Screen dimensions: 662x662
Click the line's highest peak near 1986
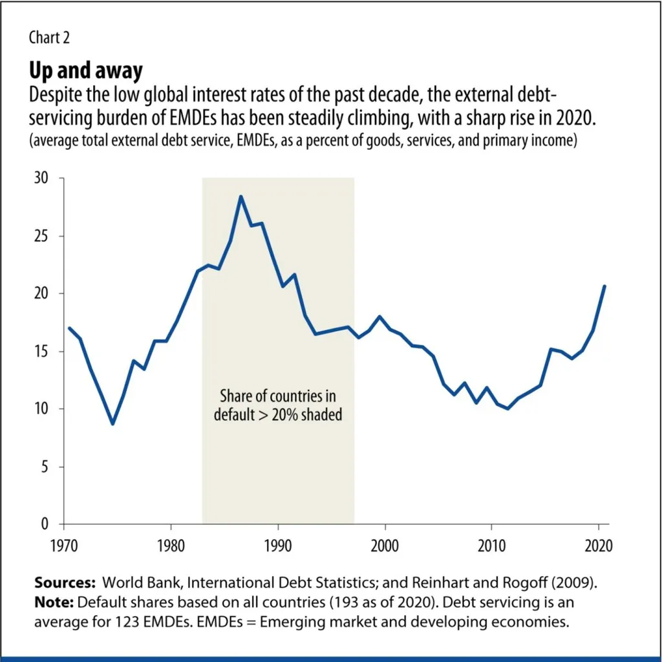coord(240,196)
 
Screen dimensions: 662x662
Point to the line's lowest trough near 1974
coord(112,424)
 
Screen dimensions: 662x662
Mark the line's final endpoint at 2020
coord(604,286)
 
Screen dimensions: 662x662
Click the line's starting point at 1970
coord(69,328)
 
